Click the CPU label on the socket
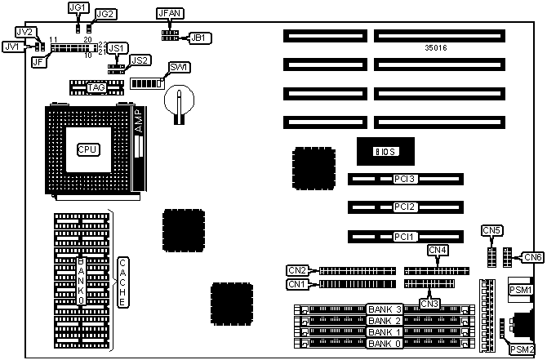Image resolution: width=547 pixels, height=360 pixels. coord(87,149)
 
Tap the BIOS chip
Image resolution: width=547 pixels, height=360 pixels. coord(384,151)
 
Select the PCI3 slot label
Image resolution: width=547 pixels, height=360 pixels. coord(405,179)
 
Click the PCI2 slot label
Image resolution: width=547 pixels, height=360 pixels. coord(405,207)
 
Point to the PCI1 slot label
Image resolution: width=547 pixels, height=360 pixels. coord(405,237)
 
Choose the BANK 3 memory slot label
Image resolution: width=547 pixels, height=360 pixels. coord(384,309)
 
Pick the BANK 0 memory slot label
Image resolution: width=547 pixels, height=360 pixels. coord(384,344)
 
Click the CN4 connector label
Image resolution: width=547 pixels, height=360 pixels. coord(438,250)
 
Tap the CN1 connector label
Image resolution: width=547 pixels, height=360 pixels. coord(297,284)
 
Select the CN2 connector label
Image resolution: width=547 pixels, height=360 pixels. coord(297,270)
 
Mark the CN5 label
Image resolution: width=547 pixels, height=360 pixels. coord(492,230)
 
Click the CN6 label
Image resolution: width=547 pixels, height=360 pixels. coord(533,258)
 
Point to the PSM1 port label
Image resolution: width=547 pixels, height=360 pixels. coord(521,290)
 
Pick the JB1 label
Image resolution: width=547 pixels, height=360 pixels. coord(198,38)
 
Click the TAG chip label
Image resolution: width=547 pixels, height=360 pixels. coord(95,87)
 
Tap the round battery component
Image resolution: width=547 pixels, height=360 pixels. coord(177,101)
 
